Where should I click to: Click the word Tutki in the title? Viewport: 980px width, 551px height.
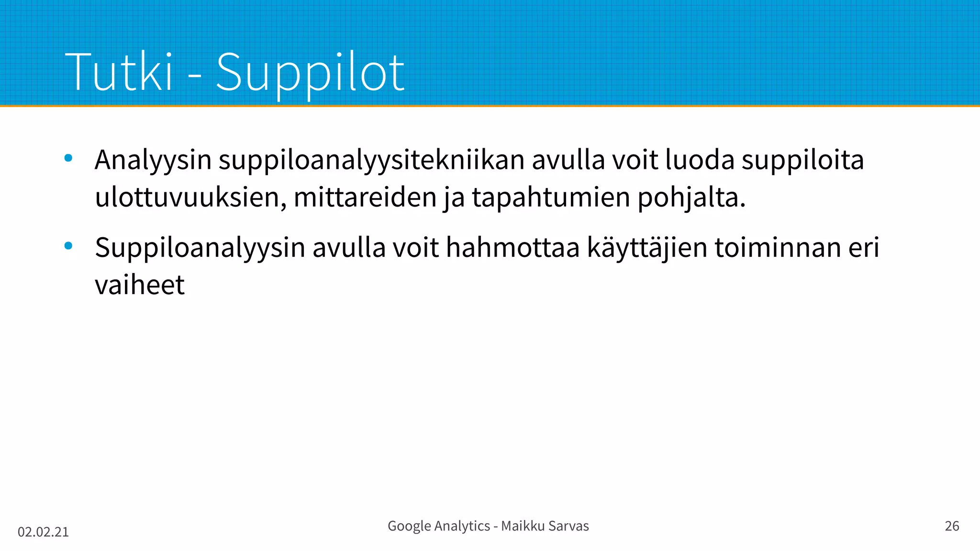pos(118,72)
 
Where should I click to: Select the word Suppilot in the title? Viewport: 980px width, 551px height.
pos(310,73)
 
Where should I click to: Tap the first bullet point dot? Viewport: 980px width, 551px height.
pos(68,158)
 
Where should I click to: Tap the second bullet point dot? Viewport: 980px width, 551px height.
pos(68,246)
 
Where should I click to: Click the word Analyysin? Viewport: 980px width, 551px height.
pos(153,160)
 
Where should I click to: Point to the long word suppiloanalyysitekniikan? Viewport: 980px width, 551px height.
pos(372,160)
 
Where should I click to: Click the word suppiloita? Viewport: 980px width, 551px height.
pos(802,160)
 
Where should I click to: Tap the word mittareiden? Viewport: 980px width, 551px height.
pos(365,197)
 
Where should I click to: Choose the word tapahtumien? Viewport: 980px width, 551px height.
pos(551,197)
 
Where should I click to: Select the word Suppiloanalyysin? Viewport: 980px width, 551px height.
pos(200,248)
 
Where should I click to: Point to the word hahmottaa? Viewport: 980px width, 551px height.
pos(512,248)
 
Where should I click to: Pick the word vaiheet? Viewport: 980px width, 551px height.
pos(140,285)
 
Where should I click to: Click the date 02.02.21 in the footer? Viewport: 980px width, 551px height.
pos(43,532)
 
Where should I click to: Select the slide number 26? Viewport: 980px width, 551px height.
pos(952,526)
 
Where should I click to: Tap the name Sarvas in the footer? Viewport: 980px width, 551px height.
pos(568,526)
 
